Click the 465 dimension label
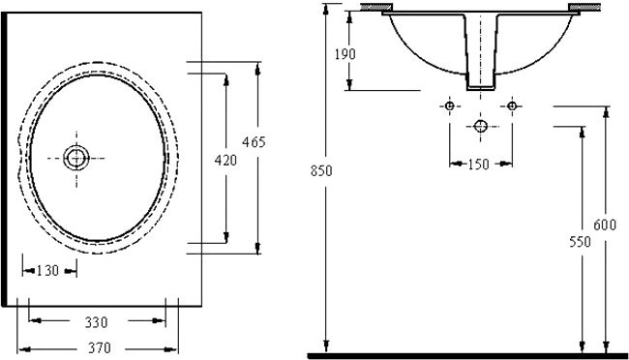[x=254, y=141]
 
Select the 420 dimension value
[x=225, y=160]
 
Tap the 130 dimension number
[x=47, y=271]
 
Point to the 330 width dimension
[x=96, y=322]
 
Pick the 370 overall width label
[x=99, y=347]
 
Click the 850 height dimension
[x=321, y=171]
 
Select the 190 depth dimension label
[x=345, y=54]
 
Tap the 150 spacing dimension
[x=479, y=165]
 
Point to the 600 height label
[x=605, y=225]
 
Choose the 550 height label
[x=580, y=242]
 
